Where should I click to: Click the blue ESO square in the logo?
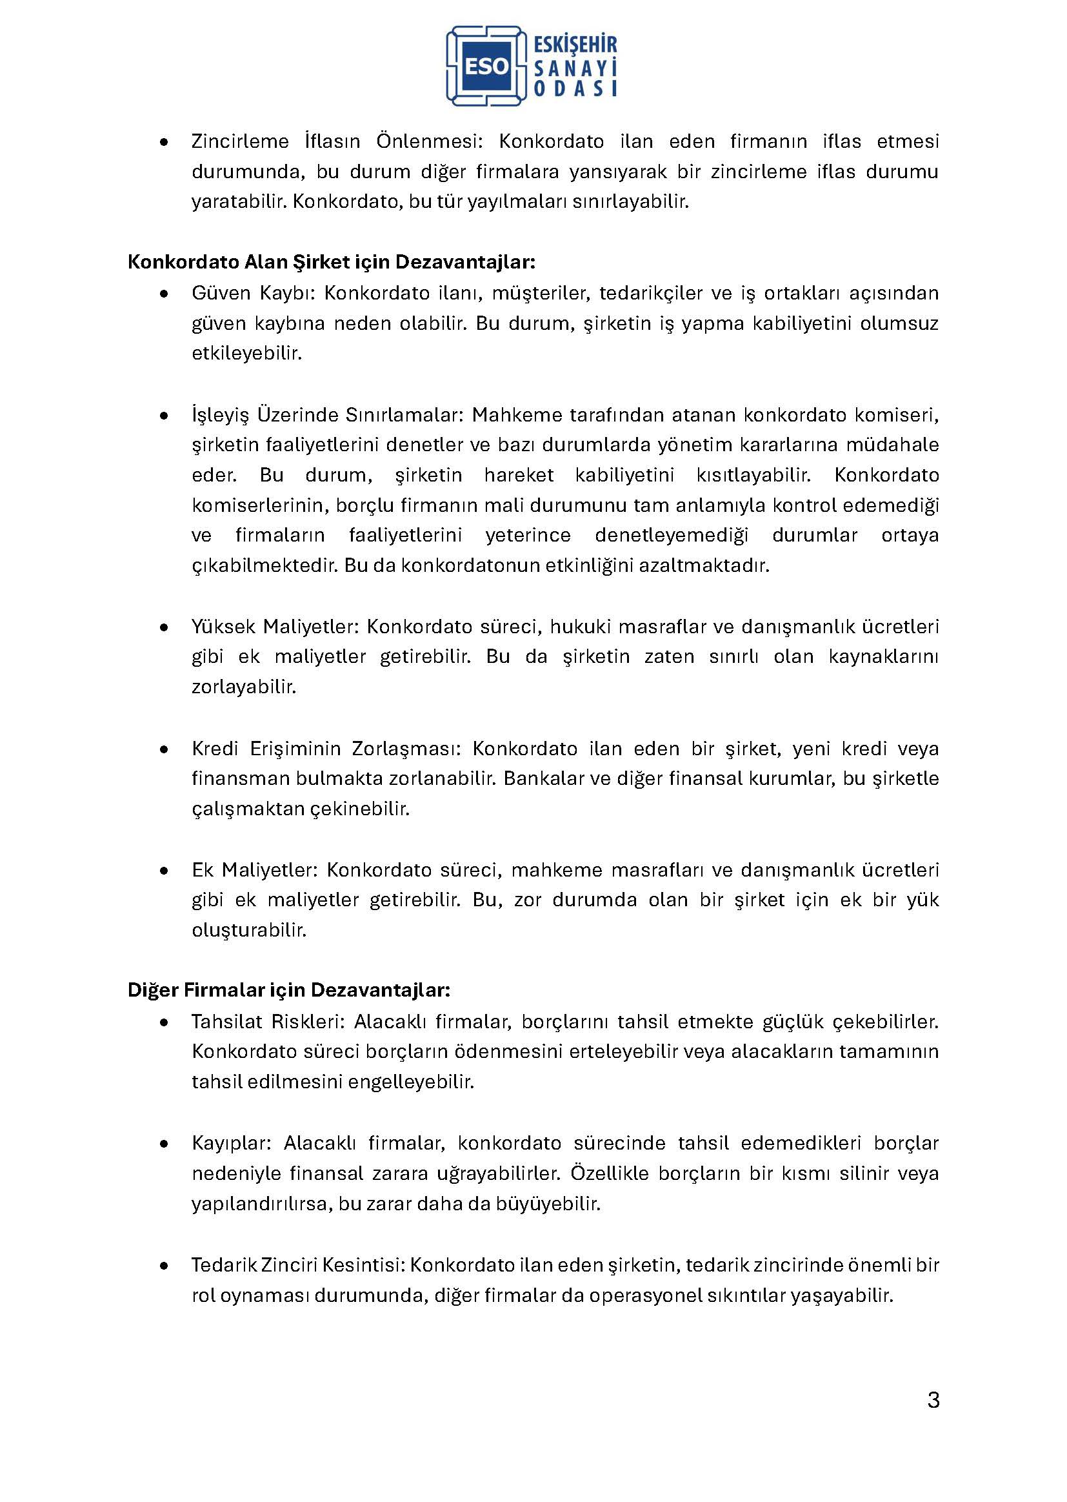click(x=486, y=66)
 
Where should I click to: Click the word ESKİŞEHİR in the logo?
click(x=575, y=45)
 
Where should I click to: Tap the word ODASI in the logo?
click(x=575, y=88)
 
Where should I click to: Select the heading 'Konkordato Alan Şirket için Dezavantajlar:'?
click(x=331, y=262)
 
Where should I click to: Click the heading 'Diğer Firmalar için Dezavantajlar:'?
click(x=288, y=990)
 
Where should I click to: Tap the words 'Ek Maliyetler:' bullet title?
click(x=254, y=869)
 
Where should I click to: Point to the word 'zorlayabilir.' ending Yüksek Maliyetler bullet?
click(x=244, y=687)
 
